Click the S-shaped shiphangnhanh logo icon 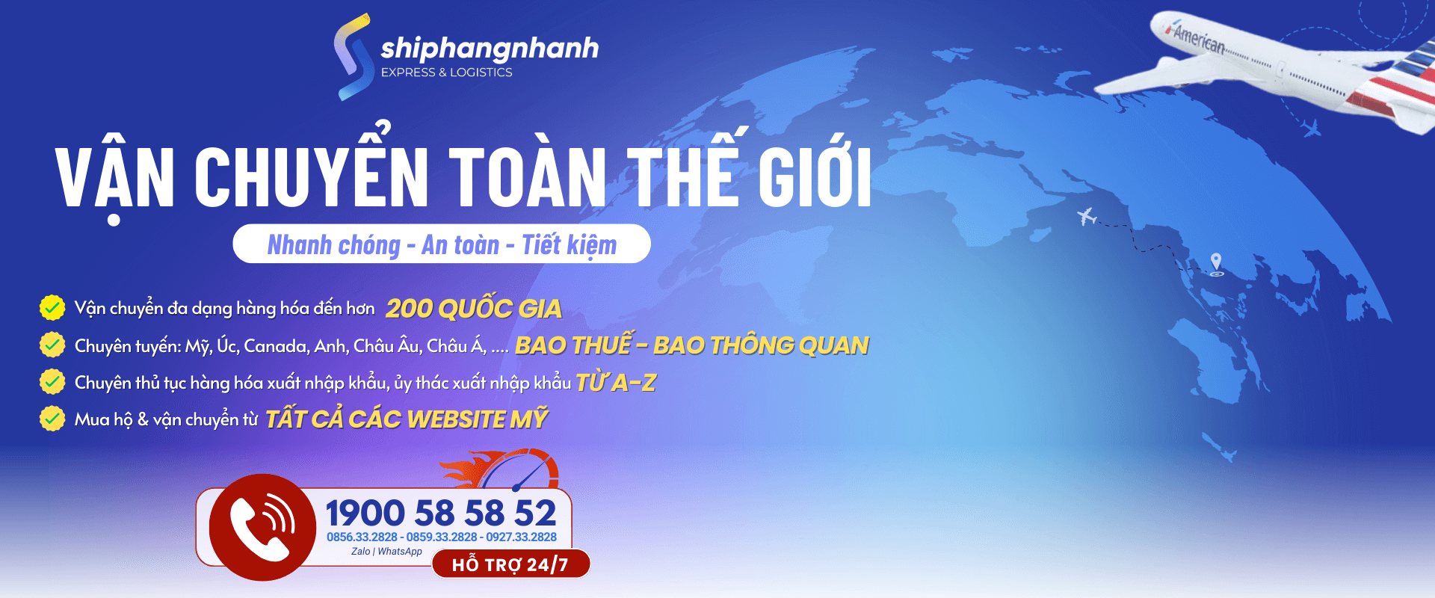click(353, 57)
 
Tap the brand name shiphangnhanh click(490, 49)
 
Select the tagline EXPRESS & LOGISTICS click(446, 73)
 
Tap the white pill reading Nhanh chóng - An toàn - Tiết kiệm click(442, 244)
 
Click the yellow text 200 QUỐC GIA click(473, 308)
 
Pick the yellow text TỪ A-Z click(616, 382)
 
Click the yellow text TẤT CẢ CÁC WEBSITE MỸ click(407, 419)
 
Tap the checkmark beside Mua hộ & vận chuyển click(52, 419)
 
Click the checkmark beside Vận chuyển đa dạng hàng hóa click(52, 307)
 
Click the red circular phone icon click(262, 527)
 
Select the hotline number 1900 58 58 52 click(441, 514)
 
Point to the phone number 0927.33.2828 click(522, 537)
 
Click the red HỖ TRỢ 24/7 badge click(510, 564)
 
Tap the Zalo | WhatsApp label click(386, 552)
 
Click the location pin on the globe click(1217, 264)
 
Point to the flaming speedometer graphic click(501, 469)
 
